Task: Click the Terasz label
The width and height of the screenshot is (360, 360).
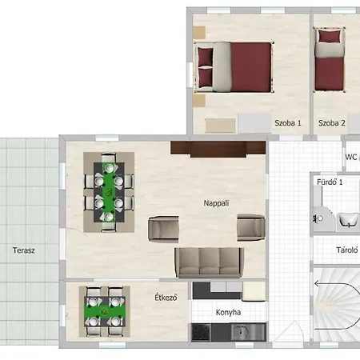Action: [x=24, y=250]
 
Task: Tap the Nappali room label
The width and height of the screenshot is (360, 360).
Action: [x=216, y=203]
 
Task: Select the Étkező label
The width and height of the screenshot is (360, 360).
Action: [x=166, y=297]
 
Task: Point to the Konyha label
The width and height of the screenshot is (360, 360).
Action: [x=228, y=312]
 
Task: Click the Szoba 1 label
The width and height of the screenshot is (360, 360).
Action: [x=288, y=123]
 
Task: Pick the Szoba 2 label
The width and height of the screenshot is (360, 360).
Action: [x=332, y=123]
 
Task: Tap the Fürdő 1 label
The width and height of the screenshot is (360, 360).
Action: [x=330, y=182]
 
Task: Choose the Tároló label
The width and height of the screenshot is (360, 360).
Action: [x=347, y=250]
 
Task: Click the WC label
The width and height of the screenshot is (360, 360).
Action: [x=351, y=157]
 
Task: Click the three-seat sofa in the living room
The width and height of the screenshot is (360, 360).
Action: [x=210, y=262]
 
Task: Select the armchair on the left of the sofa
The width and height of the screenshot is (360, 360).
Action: [x=163, y=229]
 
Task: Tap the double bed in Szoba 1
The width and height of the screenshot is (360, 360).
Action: [x=234, y=67]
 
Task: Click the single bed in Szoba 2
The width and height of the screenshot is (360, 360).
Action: [x=330, y=59]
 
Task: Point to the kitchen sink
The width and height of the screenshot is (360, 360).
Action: [x=241, y=332]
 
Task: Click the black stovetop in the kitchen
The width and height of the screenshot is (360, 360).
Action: [x=201, y=332]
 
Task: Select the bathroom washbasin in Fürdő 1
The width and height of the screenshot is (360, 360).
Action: [x=348, y=220]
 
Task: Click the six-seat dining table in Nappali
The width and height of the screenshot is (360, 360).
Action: [x=109, y=192]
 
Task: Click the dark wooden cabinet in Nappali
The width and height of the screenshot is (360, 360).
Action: [x=218, y=149]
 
